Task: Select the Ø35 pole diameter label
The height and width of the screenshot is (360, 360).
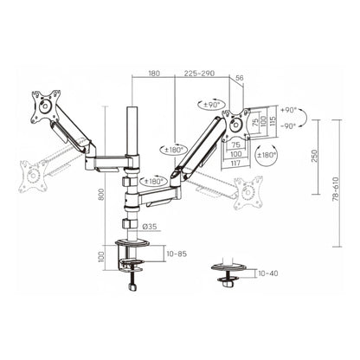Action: [x=149, y=228]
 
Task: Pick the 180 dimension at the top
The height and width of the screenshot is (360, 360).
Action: [x=153, y=74]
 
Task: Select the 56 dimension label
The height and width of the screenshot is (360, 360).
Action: [x=239, y=78]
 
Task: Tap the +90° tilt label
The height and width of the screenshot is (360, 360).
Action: [x=289, y=111]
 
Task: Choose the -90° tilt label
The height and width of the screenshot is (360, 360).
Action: [x=289, y=124]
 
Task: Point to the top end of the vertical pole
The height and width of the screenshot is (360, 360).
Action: [x=132, y=110]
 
